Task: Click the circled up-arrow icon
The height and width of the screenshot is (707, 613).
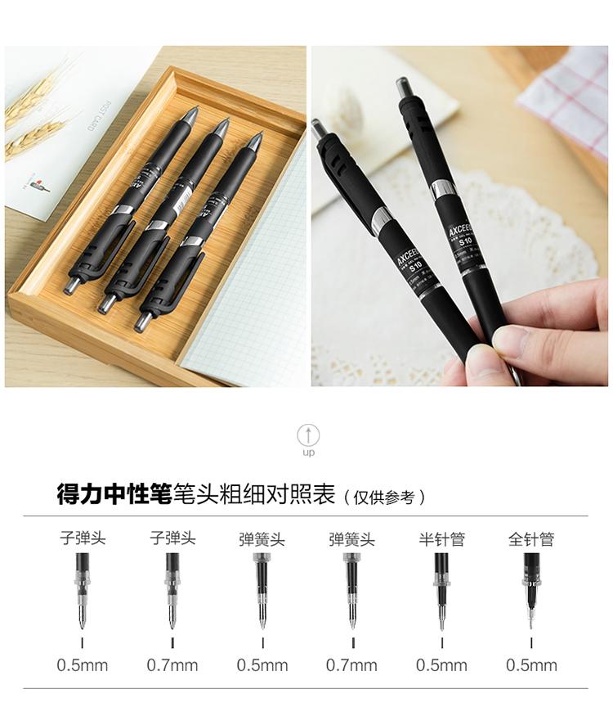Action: point(308,435)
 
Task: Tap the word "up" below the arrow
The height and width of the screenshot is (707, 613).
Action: point(308,453)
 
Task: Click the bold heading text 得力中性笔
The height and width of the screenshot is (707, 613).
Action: point(114,494)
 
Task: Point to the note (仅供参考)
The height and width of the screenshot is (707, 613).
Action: point(384,497)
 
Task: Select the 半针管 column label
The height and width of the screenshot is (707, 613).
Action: point(441,539)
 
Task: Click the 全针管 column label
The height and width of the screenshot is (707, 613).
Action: point(531,539)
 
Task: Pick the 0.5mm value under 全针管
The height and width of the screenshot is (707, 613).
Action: point(531,665)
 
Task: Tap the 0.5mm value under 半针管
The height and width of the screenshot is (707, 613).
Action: point(441,665)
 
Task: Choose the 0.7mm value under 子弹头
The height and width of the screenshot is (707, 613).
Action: point(172,665)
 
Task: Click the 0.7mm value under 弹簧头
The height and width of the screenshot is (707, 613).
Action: point(351,665)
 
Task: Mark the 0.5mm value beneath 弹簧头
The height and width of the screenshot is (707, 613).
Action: point(262,665)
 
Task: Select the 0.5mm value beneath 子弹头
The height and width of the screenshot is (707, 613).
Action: point(82,665)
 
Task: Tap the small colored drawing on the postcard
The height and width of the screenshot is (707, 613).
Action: point(36,185)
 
